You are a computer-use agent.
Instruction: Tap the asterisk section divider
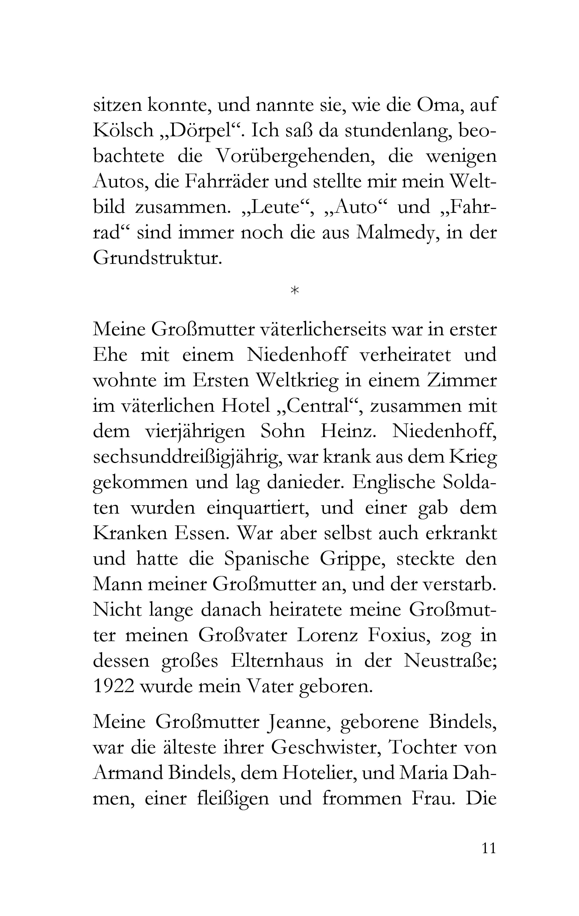294,291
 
